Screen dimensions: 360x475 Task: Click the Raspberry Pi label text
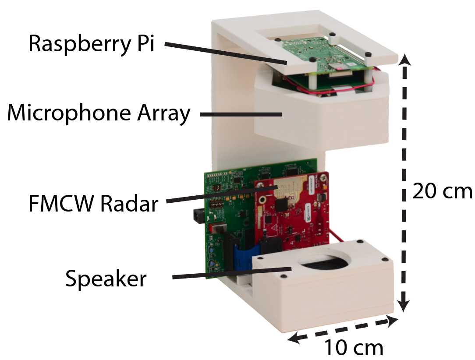[x=92, y=45]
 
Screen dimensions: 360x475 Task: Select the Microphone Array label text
[x=99, y=114]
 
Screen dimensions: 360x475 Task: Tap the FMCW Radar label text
[x=92, y=204]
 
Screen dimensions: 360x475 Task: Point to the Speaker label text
[x=106, y=278]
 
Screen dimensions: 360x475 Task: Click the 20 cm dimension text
[x=442, y=191]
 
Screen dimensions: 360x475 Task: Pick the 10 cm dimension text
[x=354, y=348]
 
